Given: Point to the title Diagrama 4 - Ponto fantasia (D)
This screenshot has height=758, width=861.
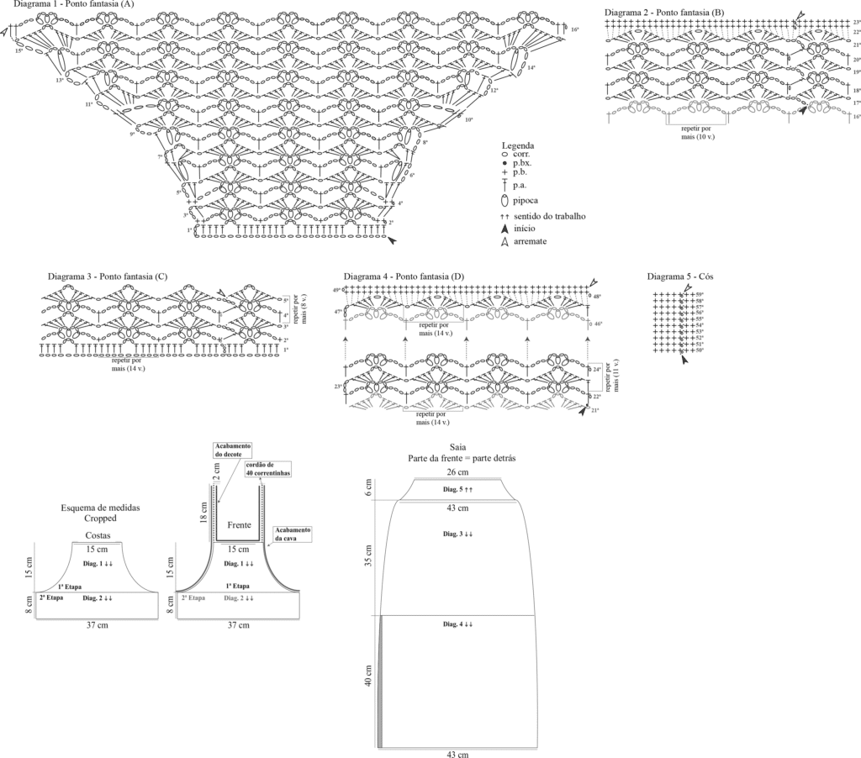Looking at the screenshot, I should click(404, 276).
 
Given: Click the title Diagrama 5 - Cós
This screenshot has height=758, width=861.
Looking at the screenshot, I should click(682, 276).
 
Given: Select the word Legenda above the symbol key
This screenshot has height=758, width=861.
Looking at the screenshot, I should click(517, 145).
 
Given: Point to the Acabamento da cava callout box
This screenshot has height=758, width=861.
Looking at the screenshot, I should click(293, 534).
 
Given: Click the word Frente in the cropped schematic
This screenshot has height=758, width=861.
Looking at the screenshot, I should click(240, 524).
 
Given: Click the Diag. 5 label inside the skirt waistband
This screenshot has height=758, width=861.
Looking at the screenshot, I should click(458, 489).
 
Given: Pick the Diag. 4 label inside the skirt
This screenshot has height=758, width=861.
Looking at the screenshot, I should click(457, 624).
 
